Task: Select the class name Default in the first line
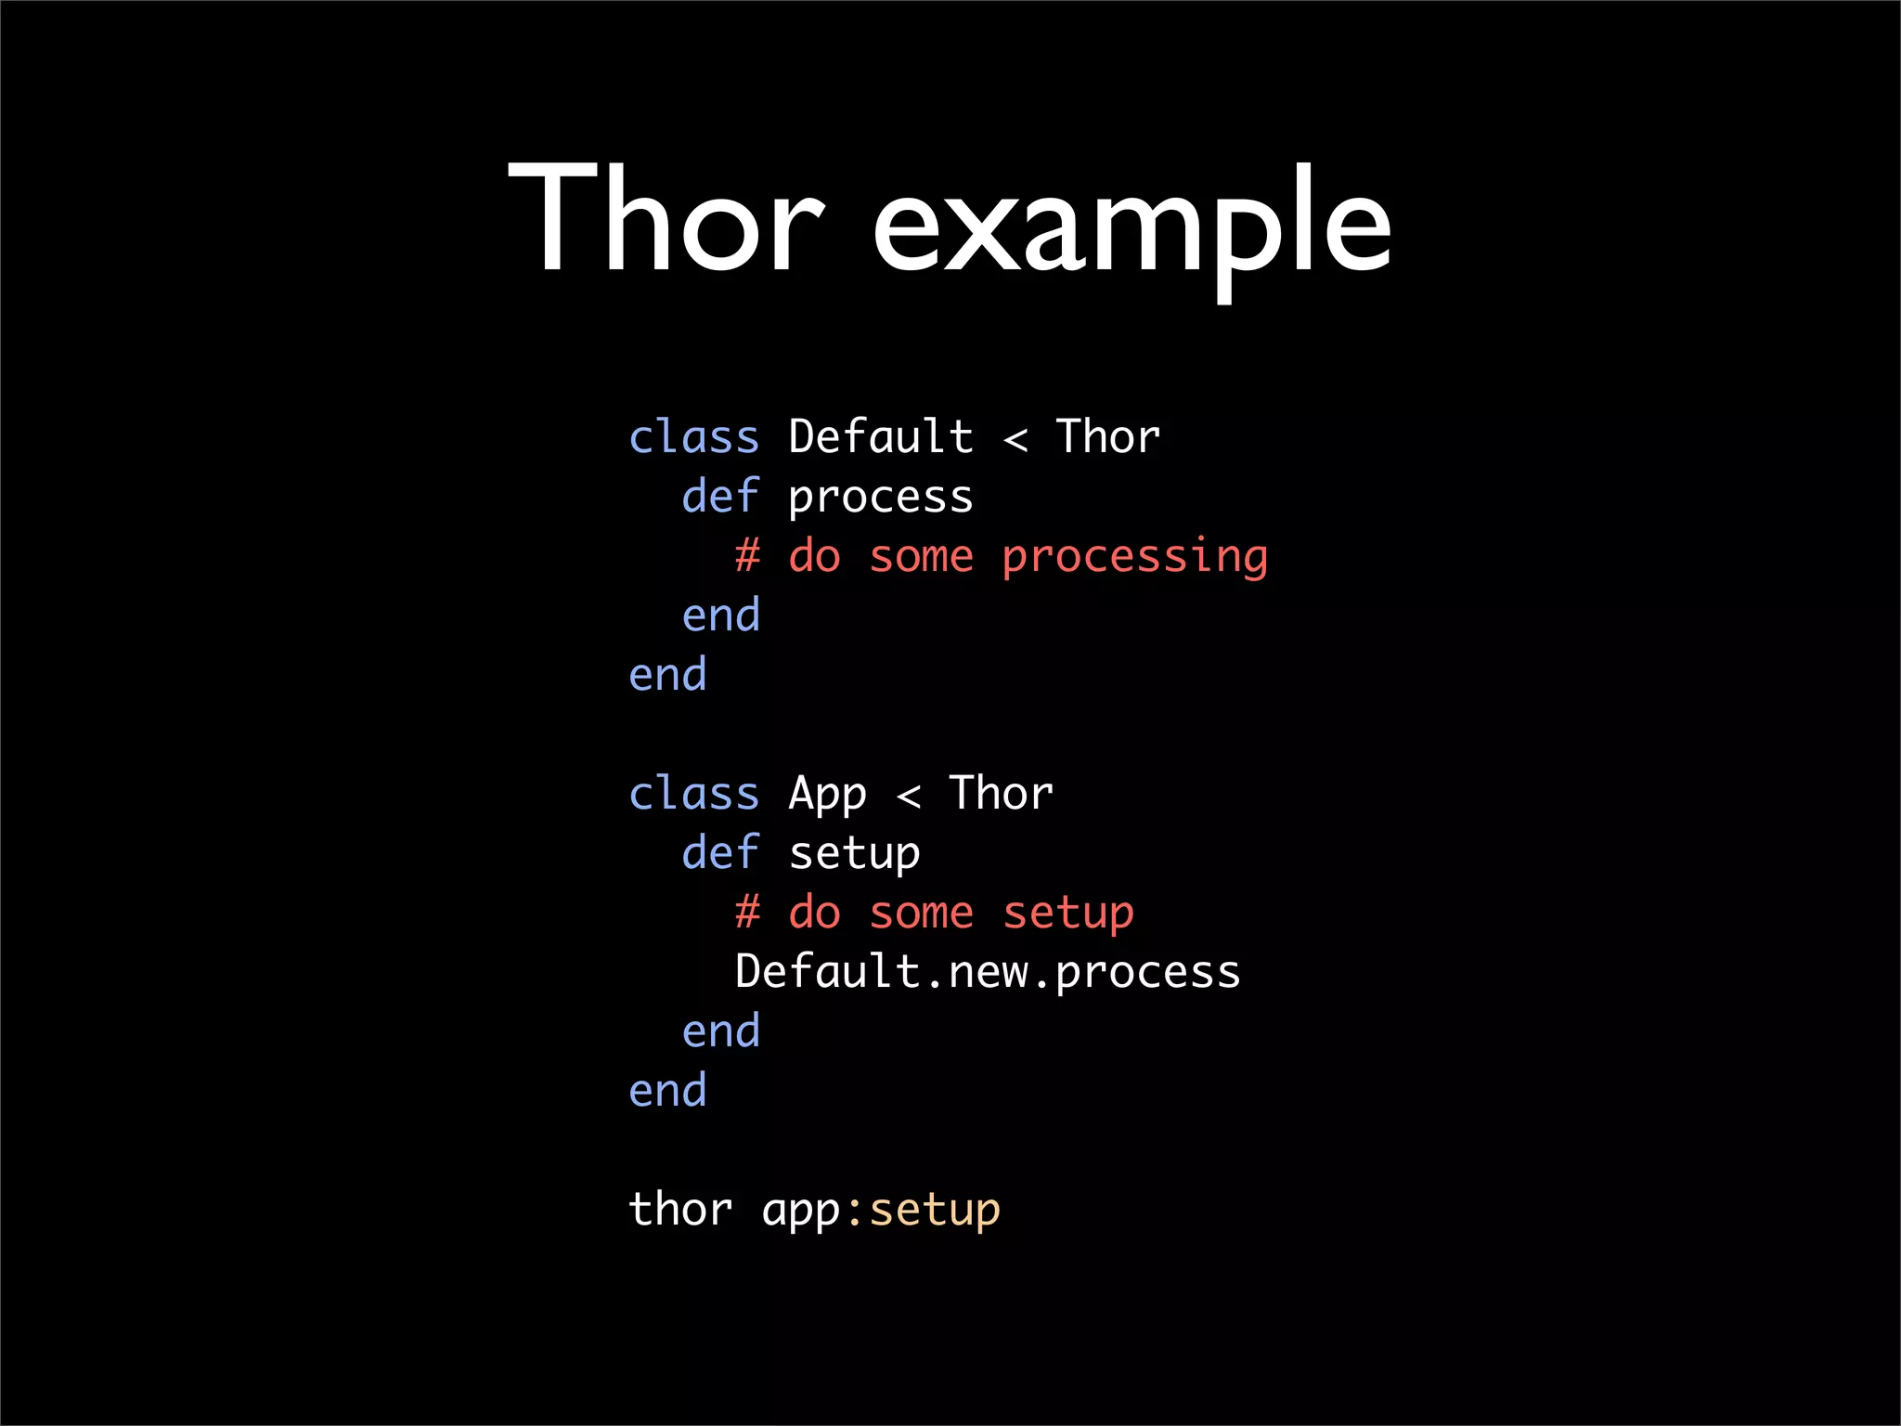pos(881,436)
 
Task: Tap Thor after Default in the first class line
pos(1108,436)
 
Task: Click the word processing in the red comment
pos(1134,557)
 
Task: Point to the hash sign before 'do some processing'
pos(747,556)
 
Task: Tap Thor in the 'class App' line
pos(1002,794)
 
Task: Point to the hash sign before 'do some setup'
pos(747,913)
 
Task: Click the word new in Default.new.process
pos(988,973)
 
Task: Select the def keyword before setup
pos(720,852)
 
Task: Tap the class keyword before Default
pos(694,436)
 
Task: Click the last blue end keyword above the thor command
pos(667,1090)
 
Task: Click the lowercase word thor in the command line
pos(680,1210)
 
